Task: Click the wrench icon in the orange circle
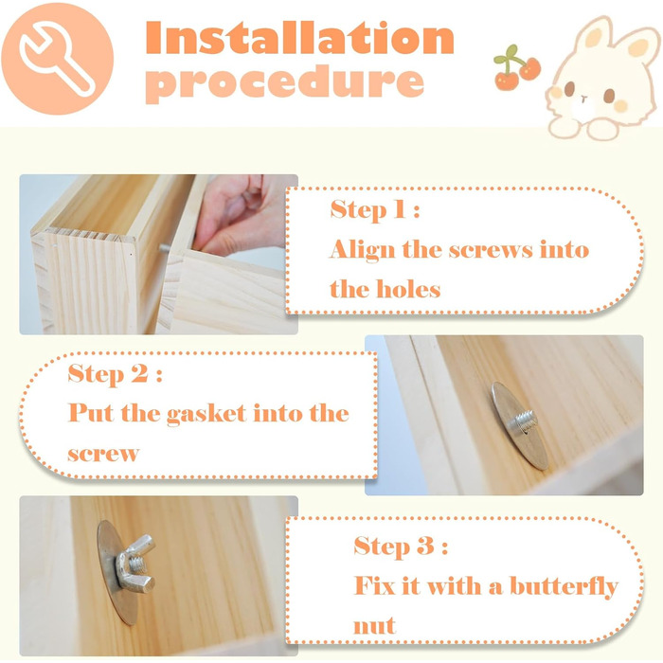pos(57,59)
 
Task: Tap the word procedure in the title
pos(284,82)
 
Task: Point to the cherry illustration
pos(516,67)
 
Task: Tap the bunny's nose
pos(584,99)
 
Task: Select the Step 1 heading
pos(375,209)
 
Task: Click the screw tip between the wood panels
pos(164,248)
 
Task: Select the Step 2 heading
pos(115,374)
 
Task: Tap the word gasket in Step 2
pos(206,414)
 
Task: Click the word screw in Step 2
pos(103,454)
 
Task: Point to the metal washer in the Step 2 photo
pos(520,426)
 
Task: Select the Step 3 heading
pos(401,546)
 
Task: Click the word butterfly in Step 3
pos(564,586)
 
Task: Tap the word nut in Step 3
pos(374,626)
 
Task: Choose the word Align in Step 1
pos(363,249)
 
